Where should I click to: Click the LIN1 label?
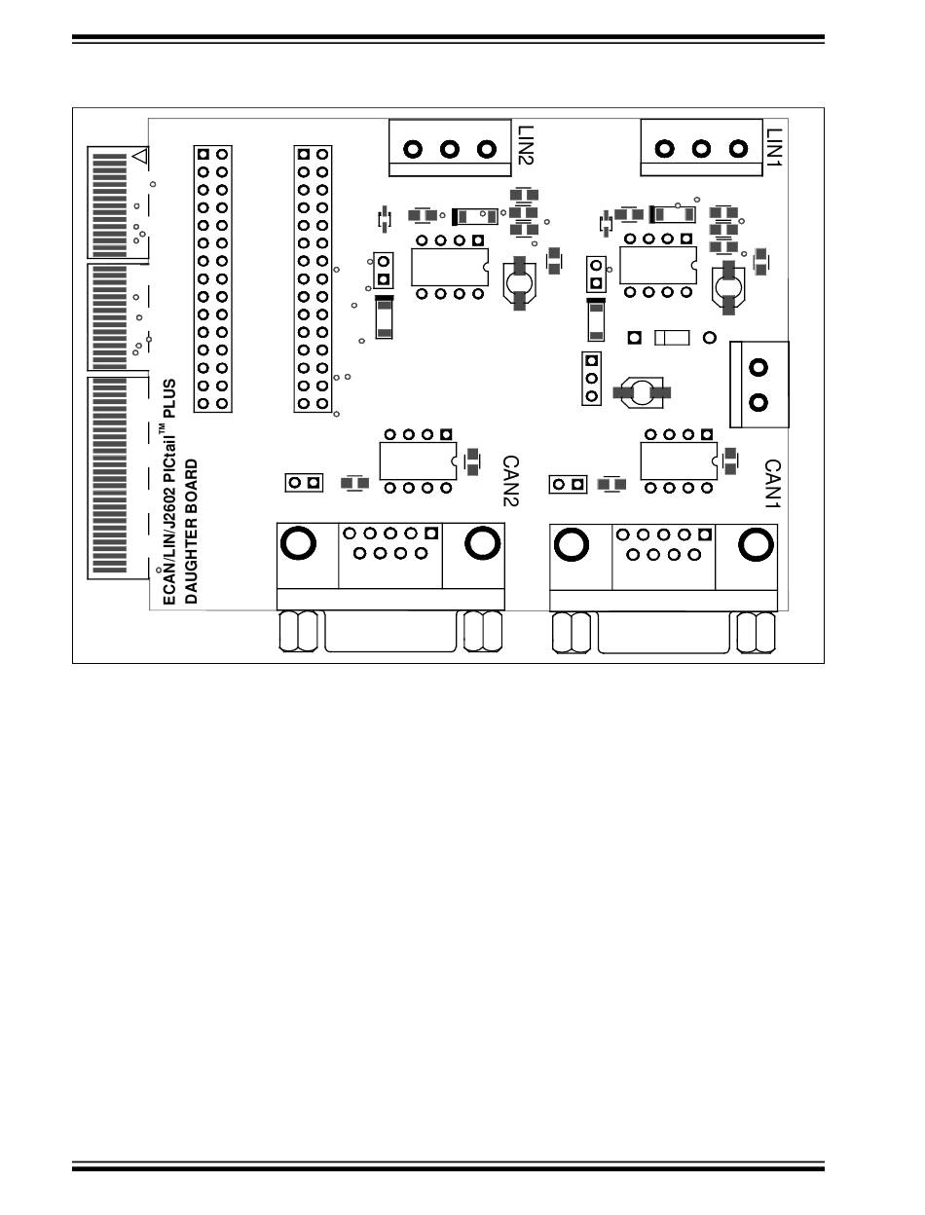774,143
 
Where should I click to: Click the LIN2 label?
526,143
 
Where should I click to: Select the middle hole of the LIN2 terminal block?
450,149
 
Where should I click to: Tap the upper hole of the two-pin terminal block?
758,367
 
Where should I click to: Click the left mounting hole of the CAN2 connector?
298,542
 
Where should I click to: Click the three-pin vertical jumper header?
590,379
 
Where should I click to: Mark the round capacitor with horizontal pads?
642,391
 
